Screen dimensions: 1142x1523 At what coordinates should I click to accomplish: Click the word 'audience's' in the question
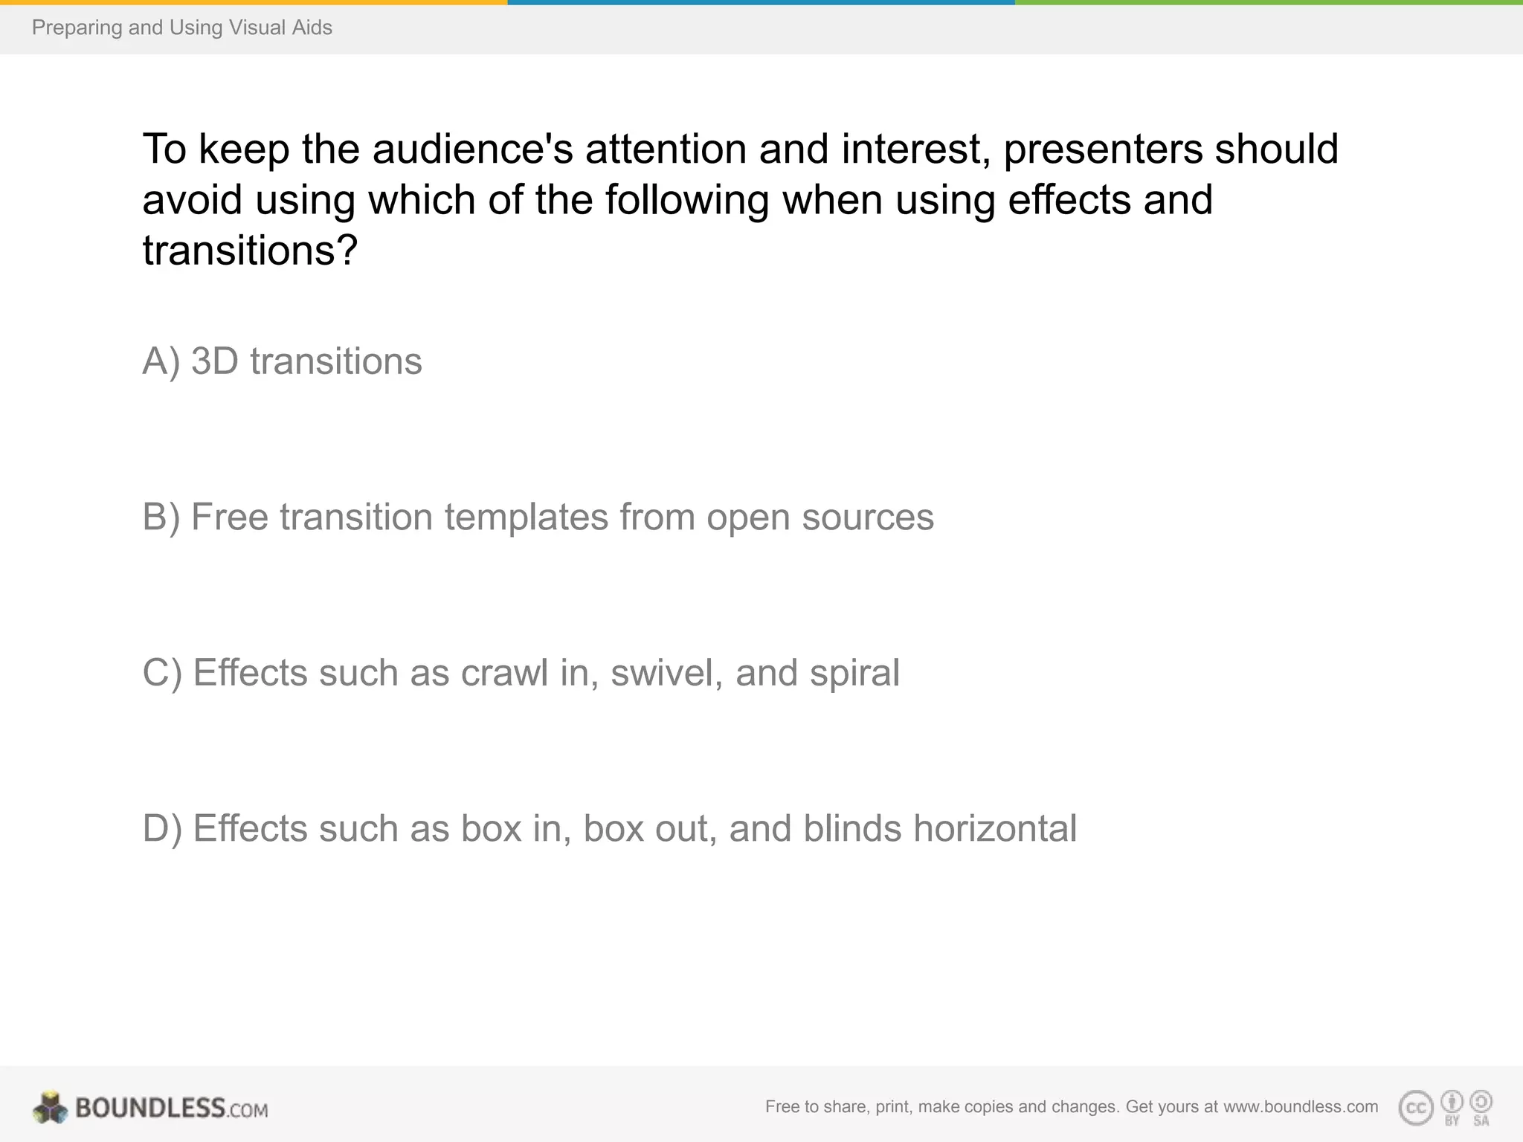[x=472, y=149]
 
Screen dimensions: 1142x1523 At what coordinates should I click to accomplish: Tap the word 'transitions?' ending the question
[x=250, y=250]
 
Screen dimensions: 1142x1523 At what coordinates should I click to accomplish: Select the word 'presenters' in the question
[x=1102, y=150]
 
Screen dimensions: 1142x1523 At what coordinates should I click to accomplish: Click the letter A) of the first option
[x=161, y=362]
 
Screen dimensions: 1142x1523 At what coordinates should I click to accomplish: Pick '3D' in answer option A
[x=214, y=362]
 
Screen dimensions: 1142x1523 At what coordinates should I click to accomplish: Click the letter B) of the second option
[x=161, y=517]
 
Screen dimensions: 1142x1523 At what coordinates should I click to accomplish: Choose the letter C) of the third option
[x=162, y=674]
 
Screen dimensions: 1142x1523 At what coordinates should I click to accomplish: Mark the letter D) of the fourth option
[x=162, y=829]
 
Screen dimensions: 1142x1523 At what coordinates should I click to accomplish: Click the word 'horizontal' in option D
[x=995, y=829]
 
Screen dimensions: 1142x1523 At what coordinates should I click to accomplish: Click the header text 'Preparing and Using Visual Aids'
[x=181, y=28]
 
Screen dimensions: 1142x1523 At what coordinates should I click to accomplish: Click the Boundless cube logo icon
[x=50, y=1108]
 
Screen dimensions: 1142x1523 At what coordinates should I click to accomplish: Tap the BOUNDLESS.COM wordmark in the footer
[x=171, y=1108]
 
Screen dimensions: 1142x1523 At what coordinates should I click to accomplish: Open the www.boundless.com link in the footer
[x=1300, y=1107]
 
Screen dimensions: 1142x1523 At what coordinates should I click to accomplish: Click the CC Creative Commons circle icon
[x=1415, y=1108]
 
